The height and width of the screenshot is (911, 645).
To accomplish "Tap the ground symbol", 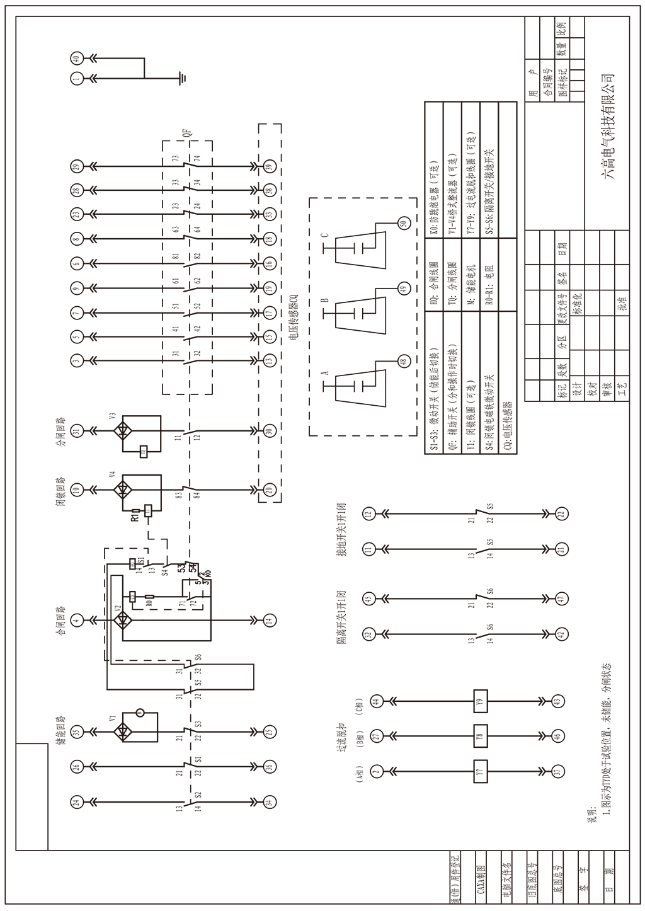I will pos(182,78).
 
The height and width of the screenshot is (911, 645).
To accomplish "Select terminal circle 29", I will pos(77,166).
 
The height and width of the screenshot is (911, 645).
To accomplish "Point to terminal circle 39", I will pos(270,166).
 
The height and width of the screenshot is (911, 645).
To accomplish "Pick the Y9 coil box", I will pos(481,701).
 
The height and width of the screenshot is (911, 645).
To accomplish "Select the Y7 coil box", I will pos(481,771).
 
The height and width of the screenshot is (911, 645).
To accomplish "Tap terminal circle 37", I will pos(557,771).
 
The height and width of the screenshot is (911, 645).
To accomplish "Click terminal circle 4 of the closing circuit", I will pos(77,621).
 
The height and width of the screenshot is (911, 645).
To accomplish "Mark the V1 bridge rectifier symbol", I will pos(122,731).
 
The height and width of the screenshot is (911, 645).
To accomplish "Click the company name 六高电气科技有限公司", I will pos(608,126).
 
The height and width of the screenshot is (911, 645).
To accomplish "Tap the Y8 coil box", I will pos(481,735).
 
